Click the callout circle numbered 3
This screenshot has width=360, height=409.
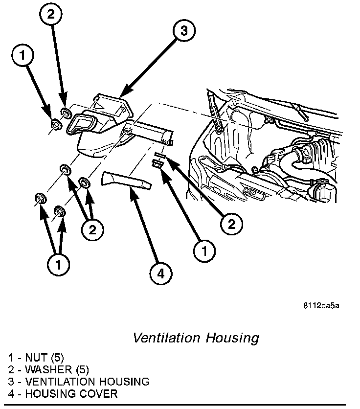[183, 31]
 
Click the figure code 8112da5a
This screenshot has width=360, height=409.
[321, 306]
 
